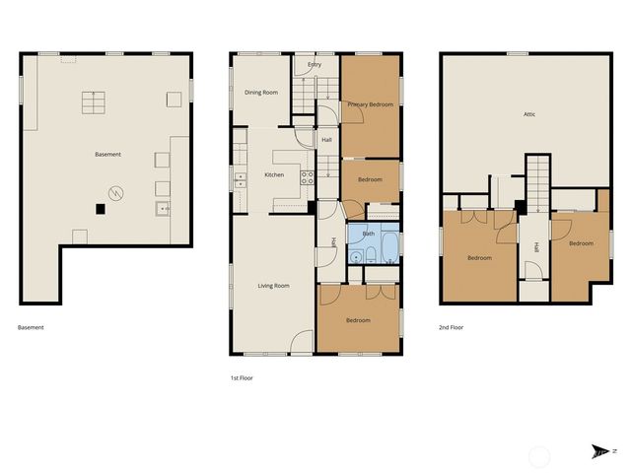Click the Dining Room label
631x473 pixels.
(261, 93)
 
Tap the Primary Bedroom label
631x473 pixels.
(371, 103)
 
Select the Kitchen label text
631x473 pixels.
(274, 175)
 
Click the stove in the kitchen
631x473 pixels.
(307, 177)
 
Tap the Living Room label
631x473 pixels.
(273, 286)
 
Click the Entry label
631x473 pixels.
(315, 65)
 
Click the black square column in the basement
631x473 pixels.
(100, 208)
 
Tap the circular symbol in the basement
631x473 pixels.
(116, 193)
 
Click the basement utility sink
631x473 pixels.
(162, 208)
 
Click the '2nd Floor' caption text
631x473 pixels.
(451, 327)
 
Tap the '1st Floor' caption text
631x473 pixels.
(242, 377)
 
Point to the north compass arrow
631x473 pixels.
(599, 451)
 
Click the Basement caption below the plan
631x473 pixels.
(31, 327)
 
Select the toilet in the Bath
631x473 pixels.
(369, 256)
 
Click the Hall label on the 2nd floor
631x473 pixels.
(537, 248)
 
